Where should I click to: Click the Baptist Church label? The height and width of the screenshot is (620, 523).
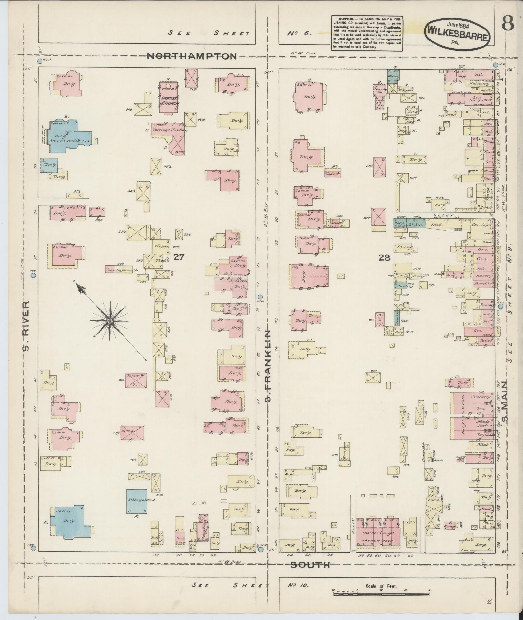(x=169, y=101)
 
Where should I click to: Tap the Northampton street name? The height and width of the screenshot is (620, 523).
(x=192, y=56)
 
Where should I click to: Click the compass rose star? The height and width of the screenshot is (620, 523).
(x=110, y=321)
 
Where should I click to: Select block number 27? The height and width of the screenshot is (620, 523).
(x=179, y=257)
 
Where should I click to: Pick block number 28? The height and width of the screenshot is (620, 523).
(x=385, y=258)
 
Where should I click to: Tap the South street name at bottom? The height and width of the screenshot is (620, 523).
(x=310, y=565)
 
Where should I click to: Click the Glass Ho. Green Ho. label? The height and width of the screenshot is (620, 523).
(x=122, y=270)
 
